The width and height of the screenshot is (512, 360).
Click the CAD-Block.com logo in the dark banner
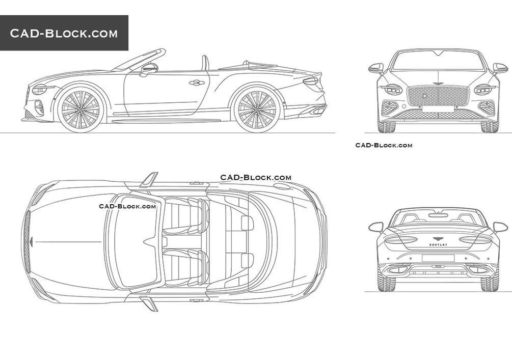point(64,34)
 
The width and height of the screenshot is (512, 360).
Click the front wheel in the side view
point(80,108)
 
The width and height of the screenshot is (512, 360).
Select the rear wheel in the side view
point(256,108)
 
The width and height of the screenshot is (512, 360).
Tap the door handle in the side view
point(196,82)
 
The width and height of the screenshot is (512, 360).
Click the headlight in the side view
point(39,90)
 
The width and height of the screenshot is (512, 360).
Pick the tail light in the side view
point(311,81)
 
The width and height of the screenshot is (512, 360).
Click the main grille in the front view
point(438,96)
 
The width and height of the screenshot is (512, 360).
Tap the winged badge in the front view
point(438,83)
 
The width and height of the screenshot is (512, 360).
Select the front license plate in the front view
point(438,108)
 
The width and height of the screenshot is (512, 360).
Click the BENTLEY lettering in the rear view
point(438,245)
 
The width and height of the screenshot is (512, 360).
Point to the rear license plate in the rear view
point(438,258)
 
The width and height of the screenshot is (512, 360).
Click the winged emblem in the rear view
point(438,238)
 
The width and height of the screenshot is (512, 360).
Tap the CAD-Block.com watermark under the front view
point(384,145)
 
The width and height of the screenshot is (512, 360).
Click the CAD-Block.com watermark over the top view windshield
point(127,206)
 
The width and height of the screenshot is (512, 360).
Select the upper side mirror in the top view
point(149,180)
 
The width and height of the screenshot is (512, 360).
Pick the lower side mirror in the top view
point(149,303)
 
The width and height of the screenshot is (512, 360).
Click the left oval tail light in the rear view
point(401,239)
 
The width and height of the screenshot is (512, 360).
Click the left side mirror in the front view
point(376,68)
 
